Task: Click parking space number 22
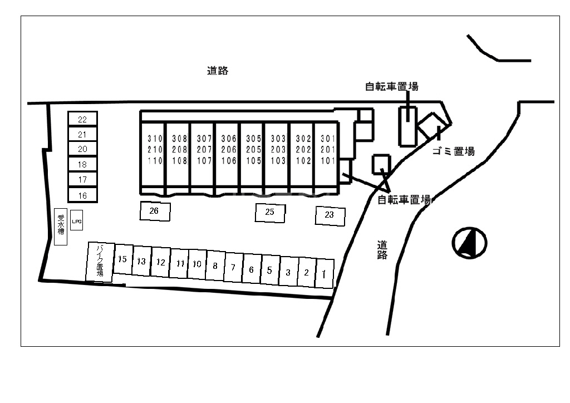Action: click(x=82, y=119)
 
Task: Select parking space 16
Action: click(x=82, y=195)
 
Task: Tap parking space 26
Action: click(x=154, y=211)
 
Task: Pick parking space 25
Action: click(x=270, y=212)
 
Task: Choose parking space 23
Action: click(x=330, y=215)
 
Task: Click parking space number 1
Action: click(x=324, y=273)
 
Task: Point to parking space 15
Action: click(x=123, y=259)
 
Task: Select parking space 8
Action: click(x=215, y=266)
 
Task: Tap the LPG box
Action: click(x=77, y=220)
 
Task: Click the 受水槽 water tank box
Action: click(x=61, y=227)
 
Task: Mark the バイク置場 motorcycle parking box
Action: click(x=100, y=262)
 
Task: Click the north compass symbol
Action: click(x=469, y=243)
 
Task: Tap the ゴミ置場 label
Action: click(x=453, y=151)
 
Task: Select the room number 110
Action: click(x=154, y=161)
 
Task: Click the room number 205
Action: click(x=253, y=150)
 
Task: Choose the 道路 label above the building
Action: click(x=218, y=71)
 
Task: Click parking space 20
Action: click(x=82, y=149)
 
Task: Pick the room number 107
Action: click(x=204, y=161)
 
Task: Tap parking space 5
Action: click(x=269, y=271)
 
